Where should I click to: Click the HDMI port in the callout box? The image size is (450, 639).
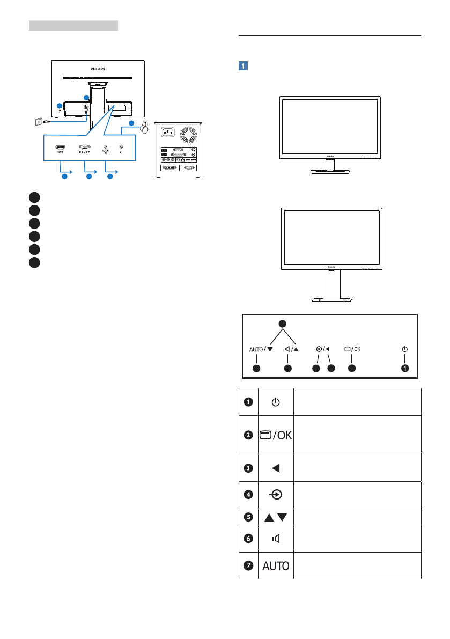[x=60, y=146]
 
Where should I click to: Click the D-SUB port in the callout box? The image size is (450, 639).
[x=84, y=146]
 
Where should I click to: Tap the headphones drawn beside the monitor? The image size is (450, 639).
[x=144, y=129]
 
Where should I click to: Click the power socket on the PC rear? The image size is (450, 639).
[x=166, y=131]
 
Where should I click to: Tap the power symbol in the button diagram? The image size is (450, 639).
[x=404, y=349]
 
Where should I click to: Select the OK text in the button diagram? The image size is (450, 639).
[x=357, y=349]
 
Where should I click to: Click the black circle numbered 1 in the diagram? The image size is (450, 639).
[x=404, y=369]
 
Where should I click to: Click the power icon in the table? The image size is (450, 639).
[x=275, y=402]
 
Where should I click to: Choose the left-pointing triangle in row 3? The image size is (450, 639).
[x=275, y=468]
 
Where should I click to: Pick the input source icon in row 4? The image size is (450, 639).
[x=275, y=495]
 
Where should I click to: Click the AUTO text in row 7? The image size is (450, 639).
[x=275, y=565]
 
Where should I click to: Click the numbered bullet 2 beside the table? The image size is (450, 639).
[x=248, y=435]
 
